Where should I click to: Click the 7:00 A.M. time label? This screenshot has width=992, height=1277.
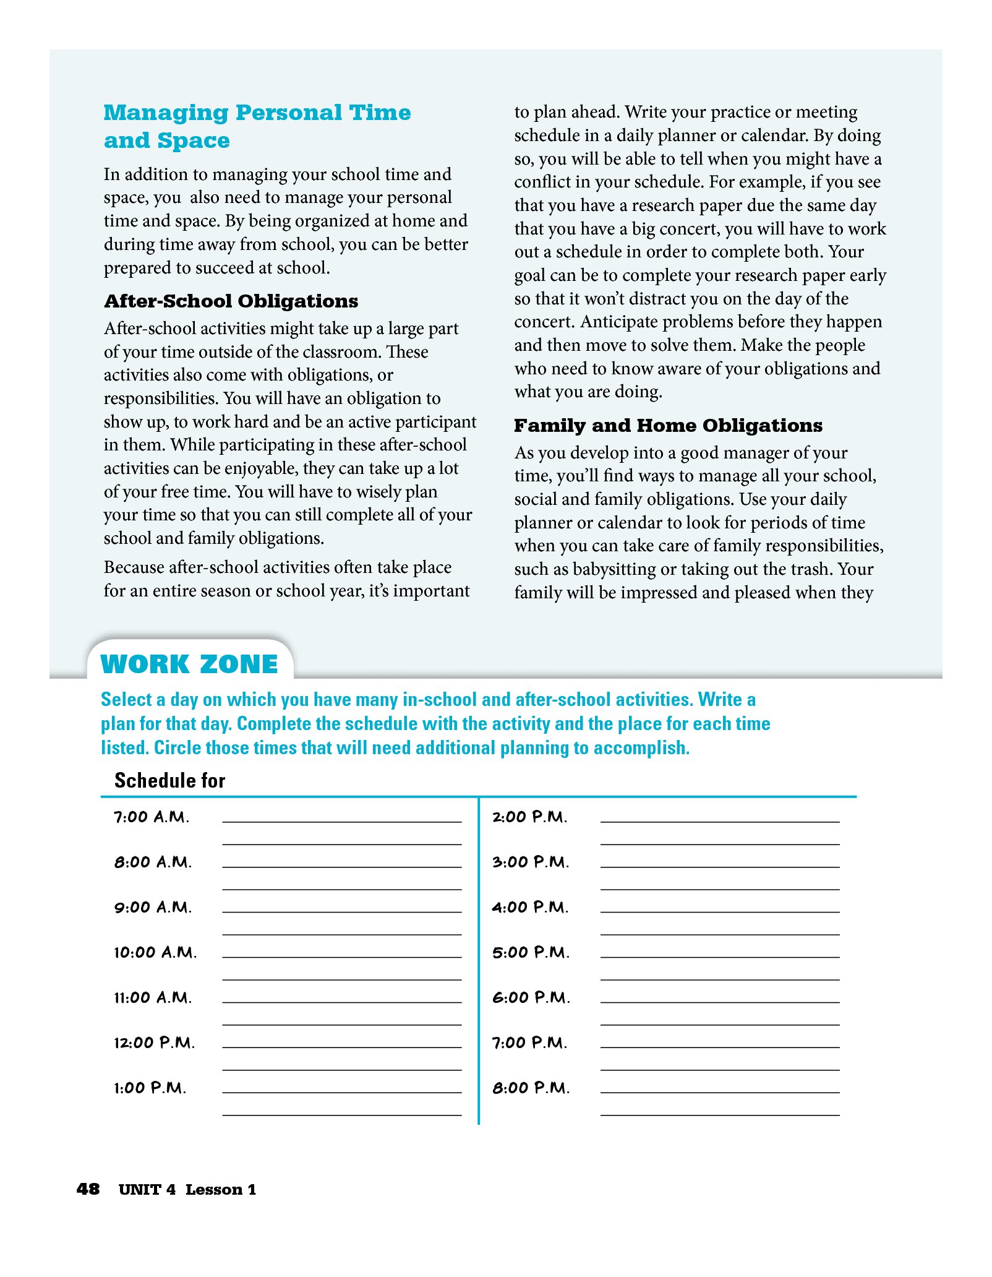point(152,817)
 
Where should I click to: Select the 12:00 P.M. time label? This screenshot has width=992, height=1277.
point(154,1043)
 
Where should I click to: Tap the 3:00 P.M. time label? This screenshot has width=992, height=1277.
point(531,862)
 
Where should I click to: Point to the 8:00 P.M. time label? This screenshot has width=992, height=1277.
point(531,1088)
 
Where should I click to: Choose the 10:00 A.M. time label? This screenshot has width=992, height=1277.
point(155,952)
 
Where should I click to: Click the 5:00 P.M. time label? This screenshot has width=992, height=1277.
point(531,952)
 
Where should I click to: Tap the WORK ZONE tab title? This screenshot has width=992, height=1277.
point(189,664)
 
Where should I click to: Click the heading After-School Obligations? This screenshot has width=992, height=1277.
point(231,301)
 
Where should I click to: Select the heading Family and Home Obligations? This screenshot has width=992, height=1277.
point(668,426)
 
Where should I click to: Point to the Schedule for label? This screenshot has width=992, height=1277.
point(169,780)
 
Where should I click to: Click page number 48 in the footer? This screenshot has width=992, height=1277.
point(88,1189)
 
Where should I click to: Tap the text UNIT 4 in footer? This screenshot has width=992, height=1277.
point(147,1189)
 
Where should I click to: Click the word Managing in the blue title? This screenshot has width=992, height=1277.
point(166,113)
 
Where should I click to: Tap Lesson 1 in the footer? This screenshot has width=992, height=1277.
point(221,1189)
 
